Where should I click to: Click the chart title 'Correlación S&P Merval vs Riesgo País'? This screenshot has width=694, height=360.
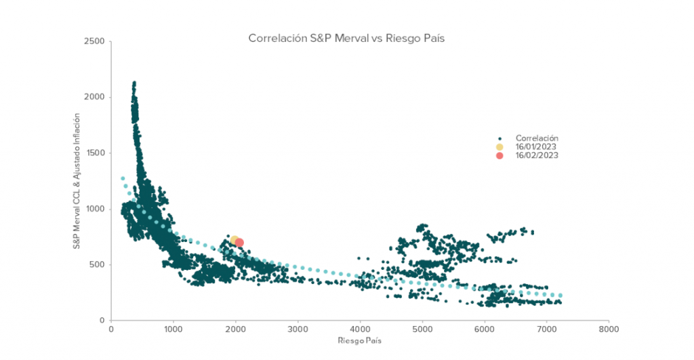[346, 39]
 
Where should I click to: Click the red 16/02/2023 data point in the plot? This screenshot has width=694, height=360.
[239, 243]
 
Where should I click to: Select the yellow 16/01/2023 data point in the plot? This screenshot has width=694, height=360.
[234, 241]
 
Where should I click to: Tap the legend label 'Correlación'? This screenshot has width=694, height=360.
[537, 138]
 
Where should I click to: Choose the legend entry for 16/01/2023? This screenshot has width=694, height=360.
[535, 146]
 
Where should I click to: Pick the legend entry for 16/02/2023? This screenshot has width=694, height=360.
[535, 155]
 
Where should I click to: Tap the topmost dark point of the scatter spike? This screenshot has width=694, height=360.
[134, 83]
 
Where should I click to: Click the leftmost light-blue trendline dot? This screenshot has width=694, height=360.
[123, 178]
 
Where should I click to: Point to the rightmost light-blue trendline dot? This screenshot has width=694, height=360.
[560, 296]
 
